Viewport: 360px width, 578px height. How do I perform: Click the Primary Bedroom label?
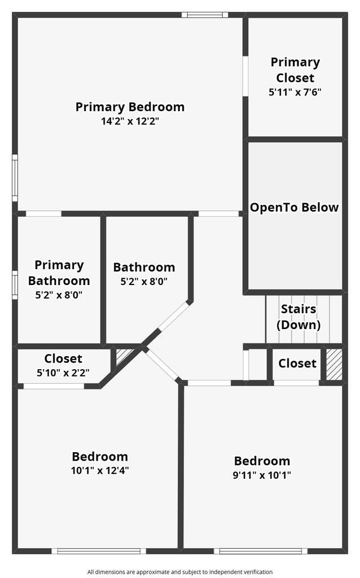click(130, 107)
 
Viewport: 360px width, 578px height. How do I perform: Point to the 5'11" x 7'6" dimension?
click(295, 91)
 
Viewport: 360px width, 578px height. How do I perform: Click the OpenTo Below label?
click(294, 207)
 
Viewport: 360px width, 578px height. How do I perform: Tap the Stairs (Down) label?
click(298, 317)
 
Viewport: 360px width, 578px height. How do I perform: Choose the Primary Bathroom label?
click(59, 273)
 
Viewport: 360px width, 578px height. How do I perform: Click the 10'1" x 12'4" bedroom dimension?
click(100, 471)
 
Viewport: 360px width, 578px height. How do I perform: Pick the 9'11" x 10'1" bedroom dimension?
click(262, 475)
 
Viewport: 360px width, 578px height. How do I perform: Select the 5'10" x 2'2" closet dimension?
click(63, 373)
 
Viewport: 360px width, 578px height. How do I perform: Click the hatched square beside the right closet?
click(334, 364)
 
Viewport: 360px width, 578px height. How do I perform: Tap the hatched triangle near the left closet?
click(123, 356)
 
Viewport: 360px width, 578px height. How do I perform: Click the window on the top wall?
click(205, 15)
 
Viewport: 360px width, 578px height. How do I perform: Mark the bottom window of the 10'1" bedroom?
click(99, 551)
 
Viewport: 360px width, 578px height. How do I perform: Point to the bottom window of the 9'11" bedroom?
click(261, 551)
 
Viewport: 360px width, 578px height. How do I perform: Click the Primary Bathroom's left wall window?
click(15, 285)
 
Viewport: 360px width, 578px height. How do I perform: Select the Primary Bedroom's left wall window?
click(15, 178)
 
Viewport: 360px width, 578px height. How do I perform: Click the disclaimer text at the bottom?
click(179, 572)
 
